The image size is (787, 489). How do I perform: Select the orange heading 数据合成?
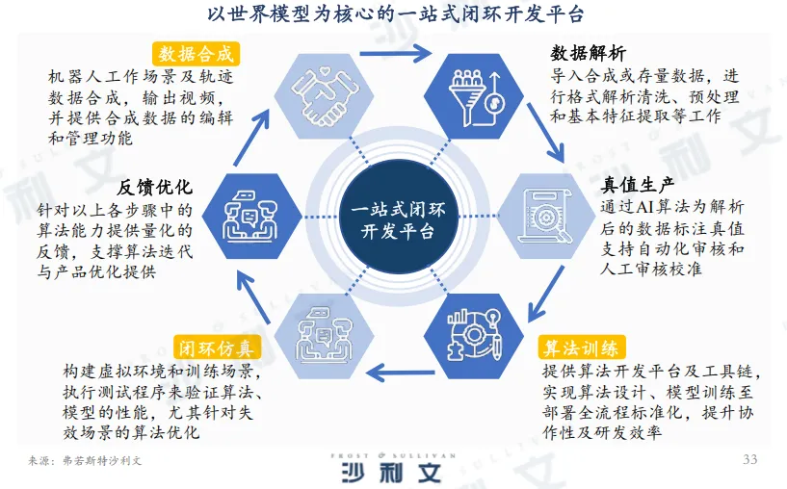click(196, 52)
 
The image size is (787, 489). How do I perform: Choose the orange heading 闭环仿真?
click(214, 347)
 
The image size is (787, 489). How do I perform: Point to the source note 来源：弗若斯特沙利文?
click(89, 461)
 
